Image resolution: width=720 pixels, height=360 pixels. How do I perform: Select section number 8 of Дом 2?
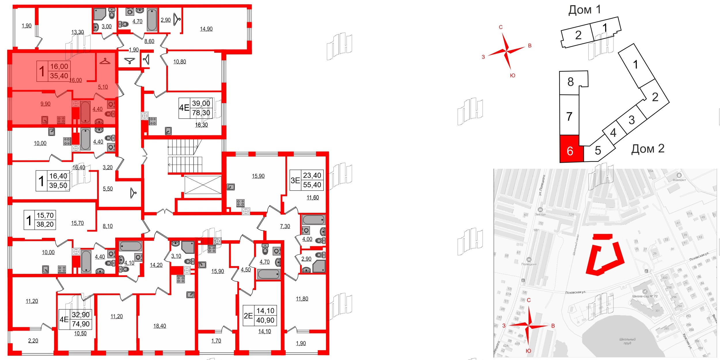(x=571, y=82)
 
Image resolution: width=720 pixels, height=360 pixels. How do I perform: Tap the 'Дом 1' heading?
(x=584, y=10)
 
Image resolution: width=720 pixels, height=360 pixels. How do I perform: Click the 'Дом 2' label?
(x=648, y=149)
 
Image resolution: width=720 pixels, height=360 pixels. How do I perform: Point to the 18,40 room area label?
(x=160, y=326)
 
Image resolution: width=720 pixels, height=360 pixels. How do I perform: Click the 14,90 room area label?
(x=206, y=29)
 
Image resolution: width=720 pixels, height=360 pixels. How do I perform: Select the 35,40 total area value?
(x=59, y=76)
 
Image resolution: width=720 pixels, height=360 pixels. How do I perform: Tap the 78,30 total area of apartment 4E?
(x=201, y=113)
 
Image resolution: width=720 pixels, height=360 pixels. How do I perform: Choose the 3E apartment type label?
(x=295, y=181)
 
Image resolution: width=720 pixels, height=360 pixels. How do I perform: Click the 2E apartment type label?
(x=248, y=316)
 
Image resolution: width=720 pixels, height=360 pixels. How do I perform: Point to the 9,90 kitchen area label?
(x=46, y=104)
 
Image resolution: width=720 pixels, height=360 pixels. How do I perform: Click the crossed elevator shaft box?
(x=203, y=185)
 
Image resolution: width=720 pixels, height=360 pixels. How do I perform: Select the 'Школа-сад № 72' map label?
(x=645, y=296)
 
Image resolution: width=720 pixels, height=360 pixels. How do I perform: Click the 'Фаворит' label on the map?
(x=679, y=180)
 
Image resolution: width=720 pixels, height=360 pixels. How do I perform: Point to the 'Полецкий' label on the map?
(x=529, y=264)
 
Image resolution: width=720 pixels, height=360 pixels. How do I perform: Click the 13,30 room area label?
(x=77, y=32)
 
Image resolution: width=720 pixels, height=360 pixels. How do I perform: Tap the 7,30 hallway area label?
(x=285, y=226)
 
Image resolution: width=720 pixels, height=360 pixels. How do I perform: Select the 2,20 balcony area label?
(x=33, y=341)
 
